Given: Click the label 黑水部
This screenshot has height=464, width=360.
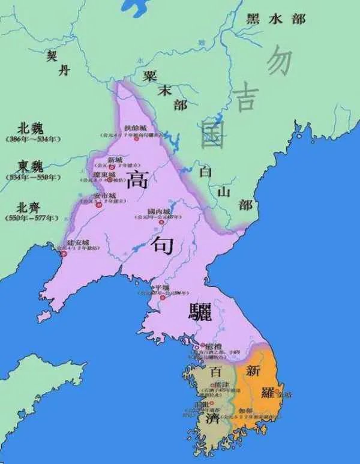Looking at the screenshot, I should (276, 19).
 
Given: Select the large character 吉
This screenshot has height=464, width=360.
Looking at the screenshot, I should (245, 97).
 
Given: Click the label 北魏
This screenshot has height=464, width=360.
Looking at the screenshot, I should (31, 128).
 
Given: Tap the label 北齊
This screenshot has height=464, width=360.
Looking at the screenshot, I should (31, 206).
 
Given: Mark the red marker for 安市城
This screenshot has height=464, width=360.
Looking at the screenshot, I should (99, 205).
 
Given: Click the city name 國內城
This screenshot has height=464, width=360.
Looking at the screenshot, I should (159, 211).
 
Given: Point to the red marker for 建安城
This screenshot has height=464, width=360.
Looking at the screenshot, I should (64, 253).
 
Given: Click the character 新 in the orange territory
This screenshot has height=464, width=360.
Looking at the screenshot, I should (253, 370).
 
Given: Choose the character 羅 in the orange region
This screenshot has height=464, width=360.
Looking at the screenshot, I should (268, 392).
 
